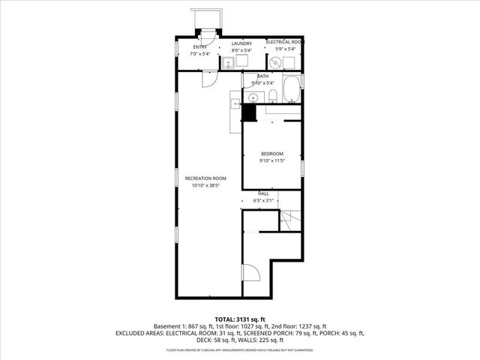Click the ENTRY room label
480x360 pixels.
199,46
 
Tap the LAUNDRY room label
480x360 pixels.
241,43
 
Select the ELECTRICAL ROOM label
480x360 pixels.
285,42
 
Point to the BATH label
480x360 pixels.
262,76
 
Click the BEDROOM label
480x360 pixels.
271,154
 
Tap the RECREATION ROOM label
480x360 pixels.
205,178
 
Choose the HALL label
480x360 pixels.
263,193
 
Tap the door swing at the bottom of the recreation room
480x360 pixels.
250,275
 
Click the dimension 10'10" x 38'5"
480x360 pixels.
205,184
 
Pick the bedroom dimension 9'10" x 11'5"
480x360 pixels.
271,160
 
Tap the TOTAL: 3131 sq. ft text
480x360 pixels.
240,319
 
